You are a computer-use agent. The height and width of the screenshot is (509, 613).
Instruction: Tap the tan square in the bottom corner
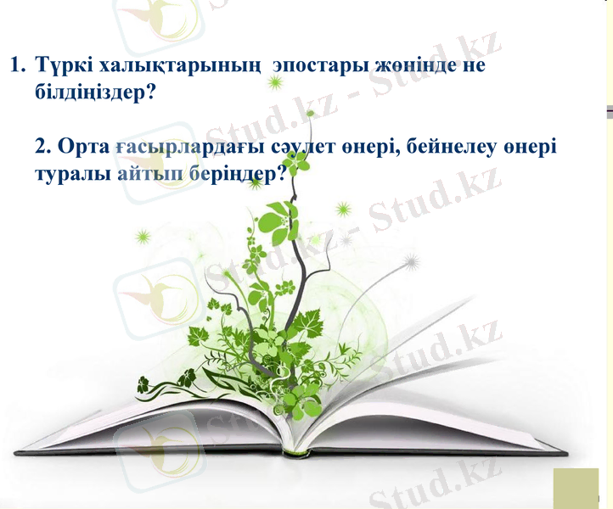tap(576, 488)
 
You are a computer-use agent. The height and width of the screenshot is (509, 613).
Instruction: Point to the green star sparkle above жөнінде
tap(274, 81)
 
